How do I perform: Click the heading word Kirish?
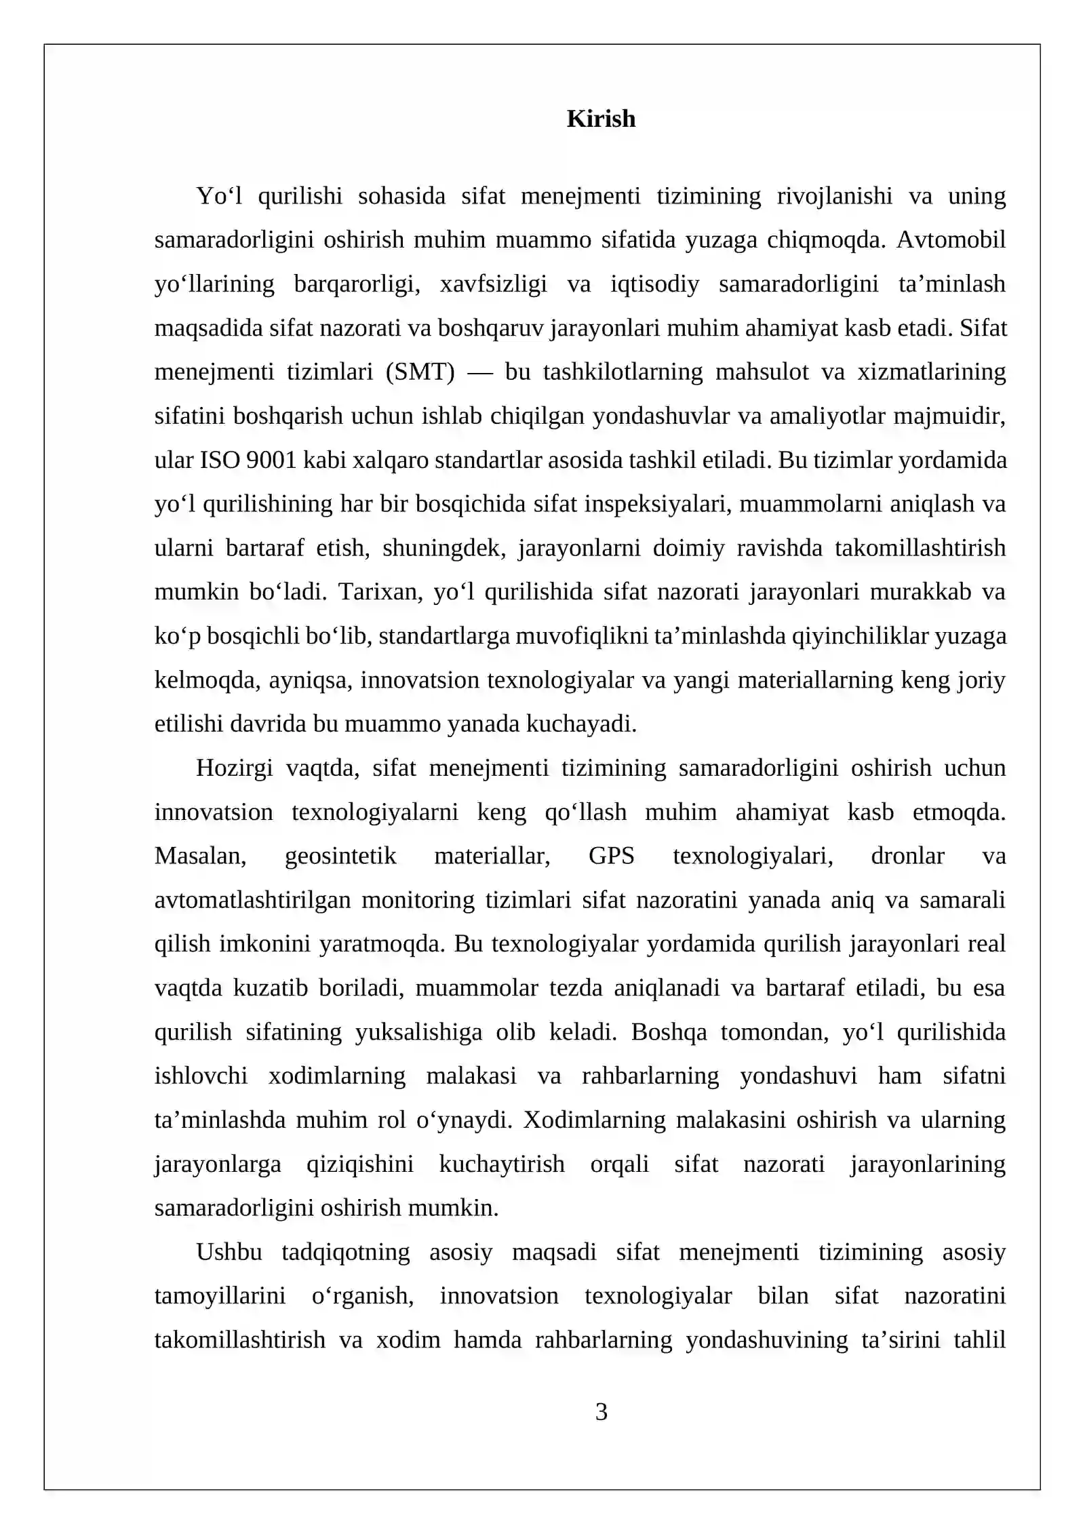pos(601,119)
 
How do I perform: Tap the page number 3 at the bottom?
pos(601,1412)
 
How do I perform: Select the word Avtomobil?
pos(951,240)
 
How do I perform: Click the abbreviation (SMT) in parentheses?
pos(420,372)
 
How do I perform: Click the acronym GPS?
pos(611,856)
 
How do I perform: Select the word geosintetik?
pos(340,856)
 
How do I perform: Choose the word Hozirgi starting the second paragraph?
pos(234,768)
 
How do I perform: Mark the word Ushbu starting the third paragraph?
pos(229,1252)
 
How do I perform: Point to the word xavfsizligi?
pos(493,284)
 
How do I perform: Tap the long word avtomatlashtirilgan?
pos(252,900)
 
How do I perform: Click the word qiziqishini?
pos(359,1164)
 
